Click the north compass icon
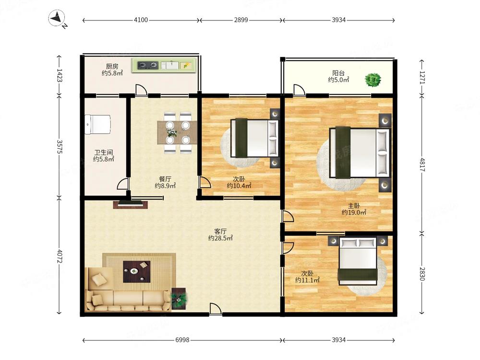(57, 19)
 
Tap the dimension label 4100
(141, 20)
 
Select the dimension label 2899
(241, 20)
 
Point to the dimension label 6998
(182, 340)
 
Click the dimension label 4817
(422, 165)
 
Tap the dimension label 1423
(59, 75)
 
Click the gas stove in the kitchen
(147, 65)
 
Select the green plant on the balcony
(373, 80)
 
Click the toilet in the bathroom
(97, 125)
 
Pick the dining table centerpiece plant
(171, 132)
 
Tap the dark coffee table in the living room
(136, 272)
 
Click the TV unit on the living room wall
(131, 204)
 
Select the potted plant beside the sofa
(179, 298)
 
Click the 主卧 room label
(354, 206)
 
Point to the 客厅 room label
(220, 231)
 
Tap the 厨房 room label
(112, 66)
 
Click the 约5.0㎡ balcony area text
(338, 80)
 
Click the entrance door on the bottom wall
(216, 309)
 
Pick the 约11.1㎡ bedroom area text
(307, 280)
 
